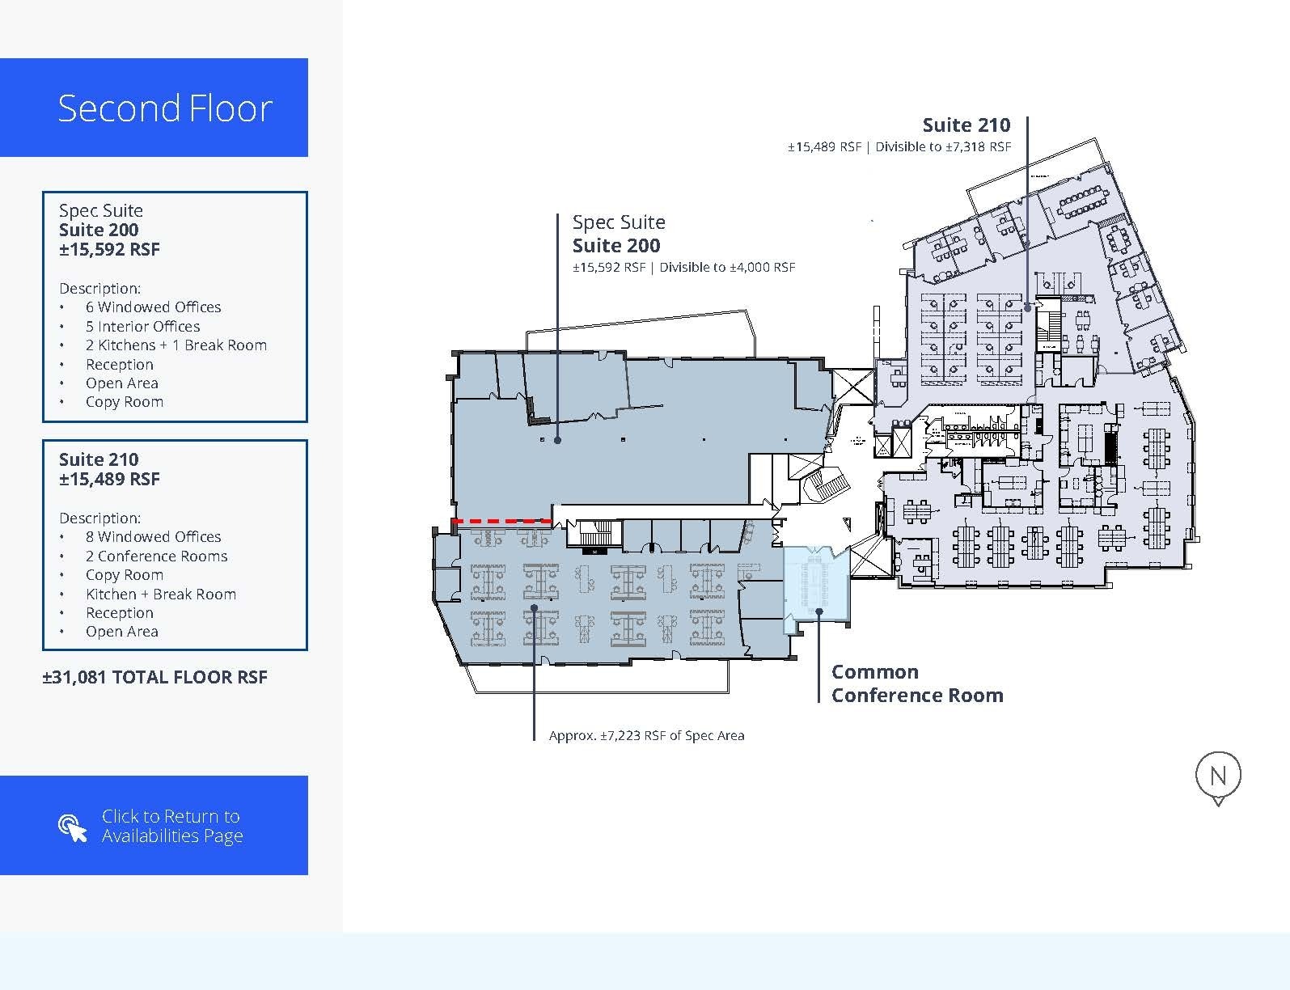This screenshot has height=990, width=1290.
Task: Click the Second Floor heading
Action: coord(165,108)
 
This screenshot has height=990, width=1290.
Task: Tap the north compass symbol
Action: coord(1217,778)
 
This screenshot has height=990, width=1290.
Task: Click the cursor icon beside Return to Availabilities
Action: coord(73,827)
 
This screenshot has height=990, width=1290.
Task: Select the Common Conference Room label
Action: coord(917,683)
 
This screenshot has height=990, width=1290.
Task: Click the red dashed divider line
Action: coord(502,521)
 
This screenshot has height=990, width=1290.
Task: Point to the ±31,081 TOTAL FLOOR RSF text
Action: coord(155,677)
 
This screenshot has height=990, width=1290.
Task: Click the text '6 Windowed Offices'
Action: coord(153,307)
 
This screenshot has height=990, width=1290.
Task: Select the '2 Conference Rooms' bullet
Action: coord(157,556)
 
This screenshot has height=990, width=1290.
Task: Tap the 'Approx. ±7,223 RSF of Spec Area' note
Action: coord(646,735)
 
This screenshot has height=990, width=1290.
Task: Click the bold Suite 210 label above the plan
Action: coord(966,125)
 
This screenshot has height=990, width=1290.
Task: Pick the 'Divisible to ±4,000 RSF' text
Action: coord(727,267)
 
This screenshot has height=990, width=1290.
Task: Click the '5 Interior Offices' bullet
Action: coord(142,327)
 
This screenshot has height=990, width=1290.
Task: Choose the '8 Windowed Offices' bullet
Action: coord(153,536)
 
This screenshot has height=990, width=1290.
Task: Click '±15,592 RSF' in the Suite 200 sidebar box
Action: coord(109,249)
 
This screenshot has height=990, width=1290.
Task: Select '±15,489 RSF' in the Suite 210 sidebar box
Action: coord(109,479)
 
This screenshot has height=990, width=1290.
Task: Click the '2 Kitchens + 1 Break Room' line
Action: coord(176,345)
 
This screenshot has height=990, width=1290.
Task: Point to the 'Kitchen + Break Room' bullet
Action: coord(161,594)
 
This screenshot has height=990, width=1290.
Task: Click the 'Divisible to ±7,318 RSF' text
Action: coord(943,146)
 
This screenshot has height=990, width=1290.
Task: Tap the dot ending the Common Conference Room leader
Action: coord(818,611)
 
